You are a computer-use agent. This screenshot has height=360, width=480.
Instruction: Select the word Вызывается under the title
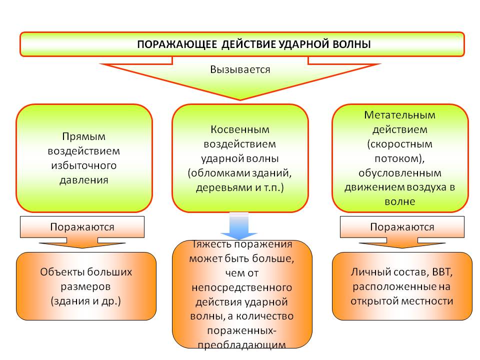[240, 69]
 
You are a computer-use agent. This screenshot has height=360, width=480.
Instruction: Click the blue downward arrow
[239, 226]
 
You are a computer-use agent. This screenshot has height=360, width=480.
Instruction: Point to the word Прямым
[84, 136]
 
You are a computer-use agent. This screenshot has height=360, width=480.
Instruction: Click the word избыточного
[84, 165]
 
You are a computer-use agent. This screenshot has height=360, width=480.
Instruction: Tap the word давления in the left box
[84, 179]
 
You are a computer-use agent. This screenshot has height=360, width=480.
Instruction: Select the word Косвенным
[240, 129]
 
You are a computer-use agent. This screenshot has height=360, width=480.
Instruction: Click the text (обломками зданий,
[240, 173]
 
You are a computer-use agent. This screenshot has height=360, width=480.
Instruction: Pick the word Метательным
[400, 115]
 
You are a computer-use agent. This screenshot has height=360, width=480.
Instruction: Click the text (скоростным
[400, 144]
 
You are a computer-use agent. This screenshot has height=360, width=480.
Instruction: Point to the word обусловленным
[400, 173]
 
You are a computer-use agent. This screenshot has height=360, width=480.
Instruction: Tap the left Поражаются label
[82, 227]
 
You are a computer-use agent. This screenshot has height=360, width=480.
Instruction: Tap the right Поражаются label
[402, 227]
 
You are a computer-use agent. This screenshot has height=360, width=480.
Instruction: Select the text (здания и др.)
[86, 301]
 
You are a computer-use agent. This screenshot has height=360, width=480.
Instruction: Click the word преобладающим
[242, 345]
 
